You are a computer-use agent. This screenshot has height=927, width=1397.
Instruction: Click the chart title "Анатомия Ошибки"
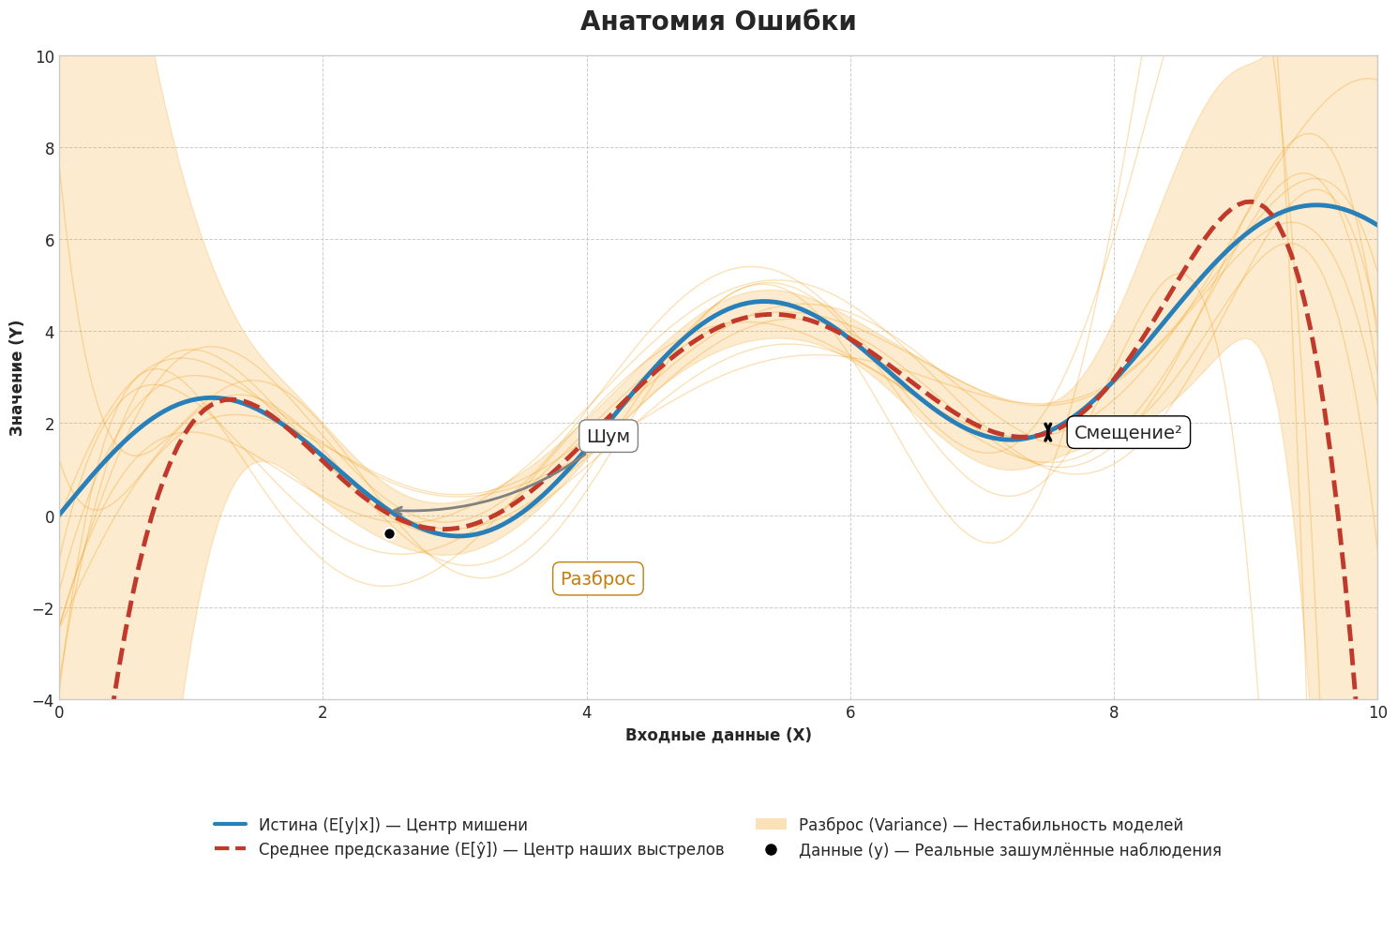717,22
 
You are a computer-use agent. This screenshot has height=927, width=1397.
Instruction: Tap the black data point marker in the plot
389,533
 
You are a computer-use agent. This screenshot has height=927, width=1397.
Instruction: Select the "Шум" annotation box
608,436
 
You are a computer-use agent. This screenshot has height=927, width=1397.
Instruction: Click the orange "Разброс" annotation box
597,578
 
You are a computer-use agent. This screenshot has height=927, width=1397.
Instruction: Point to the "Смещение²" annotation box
1127,432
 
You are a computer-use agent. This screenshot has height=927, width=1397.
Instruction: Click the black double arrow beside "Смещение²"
1047,432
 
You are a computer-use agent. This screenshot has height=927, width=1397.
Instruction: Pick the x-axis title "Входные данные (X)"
717,735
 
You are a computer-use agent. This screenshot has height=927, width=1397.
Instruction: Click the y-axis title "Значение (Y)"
17,377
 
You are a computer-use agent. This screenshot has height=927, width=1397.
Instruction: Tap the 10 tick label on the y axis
44,56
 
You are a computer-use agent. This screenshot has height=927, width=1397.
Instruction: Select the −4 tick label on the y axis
40,700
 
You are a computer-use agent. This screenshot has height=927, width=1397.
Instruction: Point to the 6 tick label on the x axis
849,713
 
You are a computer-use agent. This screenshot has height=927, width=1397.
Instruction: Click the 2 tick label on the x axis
323,713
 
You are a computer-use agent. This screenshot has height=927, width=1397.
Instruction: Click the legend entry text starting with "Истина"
393,825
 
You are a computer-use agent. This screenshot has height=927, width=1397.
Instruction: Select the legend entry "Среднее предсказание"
490,849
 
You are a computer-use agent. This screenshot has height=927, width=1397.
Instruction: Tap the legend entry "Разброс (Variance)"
990,825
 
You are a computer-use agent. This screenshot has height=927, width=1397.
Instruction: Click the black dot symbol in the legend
771,849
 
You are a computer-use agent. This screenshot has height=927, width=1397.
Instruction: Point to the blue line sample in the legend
230,825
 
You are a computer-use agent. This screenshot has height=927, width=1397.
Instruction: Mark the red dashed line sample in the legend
230,849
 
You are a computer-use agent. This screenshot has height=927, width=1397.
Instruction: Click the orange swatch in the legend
771,825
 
